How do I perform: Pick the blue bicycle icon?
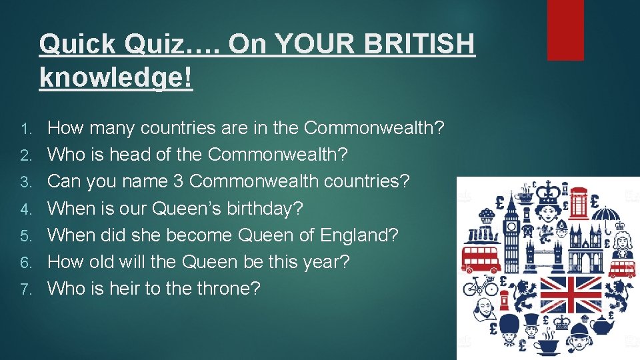tap(480, 285)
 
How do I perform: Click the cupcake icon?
tap(487, 215)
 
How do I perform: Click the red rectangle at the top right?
tap(565, 29)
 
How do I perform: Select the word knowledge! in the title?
tap(115, 77)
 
